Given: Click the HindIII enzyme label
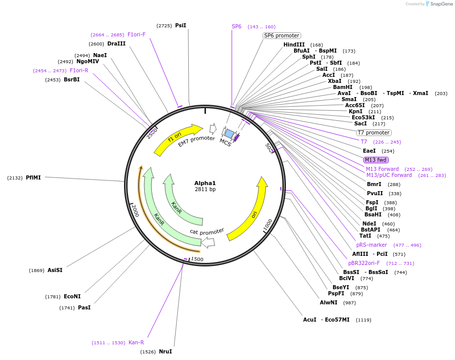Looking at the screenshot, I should [x=294, y=44].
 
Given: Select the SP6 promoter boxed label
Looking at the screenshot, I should [x=282, y=35].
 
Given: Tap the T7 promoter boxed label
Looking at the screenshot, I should [x=374, y=132].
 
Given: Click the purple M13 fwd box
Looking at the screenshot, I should [x=376, y=160].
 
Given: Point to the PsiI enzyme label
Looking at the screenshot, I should [x=181, y=25].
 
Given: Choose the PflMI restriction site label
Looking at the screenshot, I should [x=33, y=177].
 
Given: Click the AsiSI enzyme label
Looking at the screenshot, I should [x=55, y=270].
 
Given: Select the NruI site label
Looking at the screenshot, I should [x=166, y=351].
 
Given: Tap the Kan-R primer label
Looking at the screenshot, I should [x=136, y=342].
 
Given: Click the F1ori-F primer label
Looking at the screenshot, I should [x=137, y=34].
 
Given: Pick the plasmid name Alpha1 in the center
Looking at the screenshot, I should [x=205, y=183].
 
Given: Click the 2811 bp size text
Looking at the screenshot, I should [x=205, y=190].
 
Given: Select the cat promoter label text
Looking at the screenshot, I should [x=206, y=232].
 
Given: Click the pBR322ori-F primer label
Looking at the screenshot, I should [x=363, y=263].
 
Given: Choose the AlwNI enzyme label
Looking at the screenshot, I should [x=328, y=302].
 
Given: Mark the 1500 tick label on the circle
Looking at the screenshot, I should [x=197, y=259].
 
